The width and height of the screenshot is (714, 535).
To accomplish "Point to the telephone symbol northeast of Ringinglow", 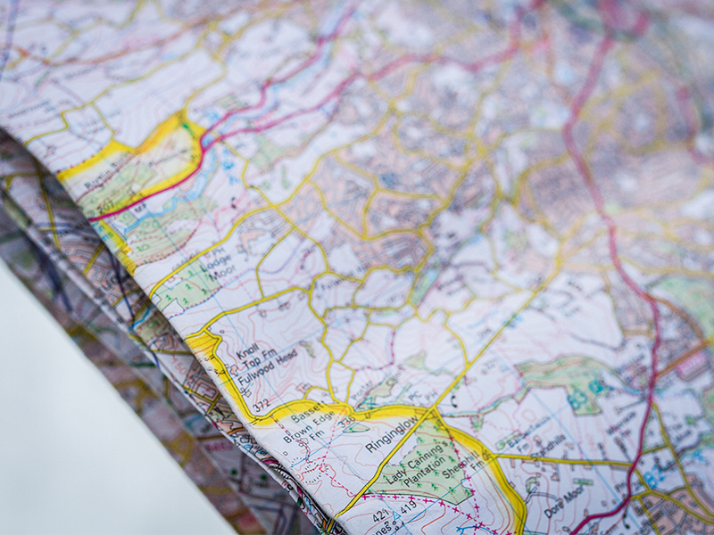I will tap(452, 399).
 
